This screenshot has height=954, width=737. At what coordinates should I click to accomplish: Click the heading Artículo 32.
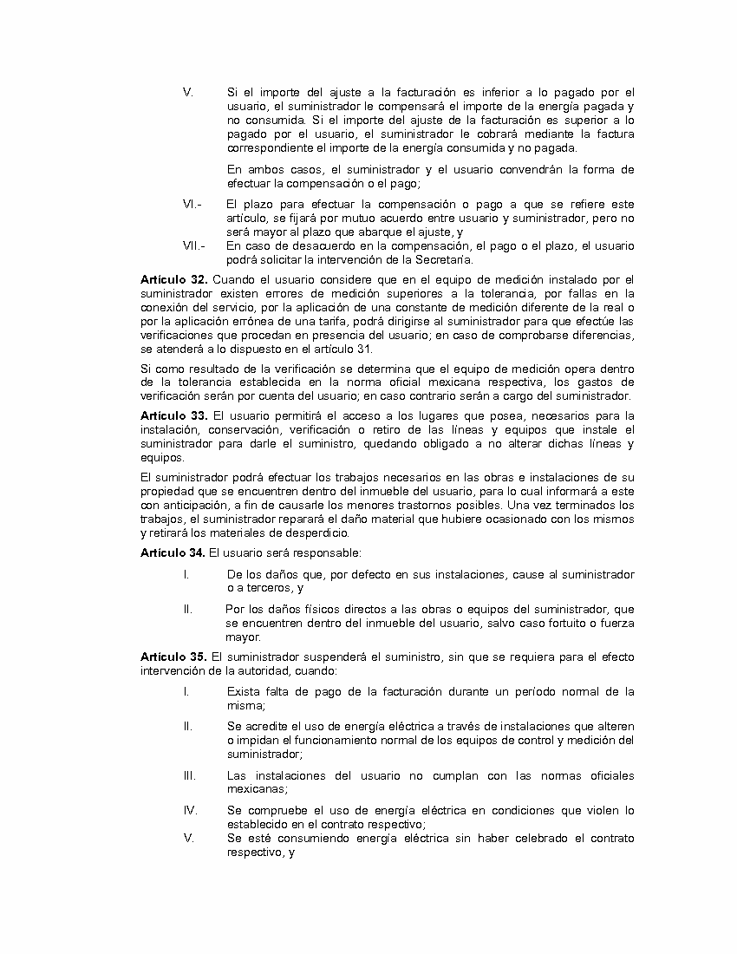tap(173, 279)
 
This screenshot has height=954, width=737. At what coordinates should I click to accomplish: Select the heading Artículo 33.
tap(173, 415)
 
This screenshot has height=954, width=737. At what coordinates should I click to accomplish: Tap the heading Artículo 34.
tap(173, 552)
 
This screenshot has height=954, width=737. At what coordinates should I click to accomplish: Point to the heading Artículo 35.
tap(173, 657)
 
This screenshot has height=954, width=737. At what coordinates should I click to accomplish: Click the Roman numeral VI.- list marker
tap(192, 204)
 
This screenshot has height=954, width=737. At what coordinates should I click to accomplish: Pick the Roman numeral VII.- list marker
tap(193, 245)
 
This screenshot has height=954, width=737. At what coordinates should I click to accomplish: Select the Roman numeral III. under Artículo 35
tap(188, 775)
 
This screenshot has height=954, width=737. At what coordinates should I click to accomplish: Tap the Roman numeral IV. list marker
tap(190, 810)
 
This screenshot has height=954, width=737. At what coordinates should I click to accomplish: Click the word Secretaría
tap(442, 259)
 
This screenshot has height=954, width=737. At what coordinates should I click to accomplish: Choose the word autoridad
tap(264, 670)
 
